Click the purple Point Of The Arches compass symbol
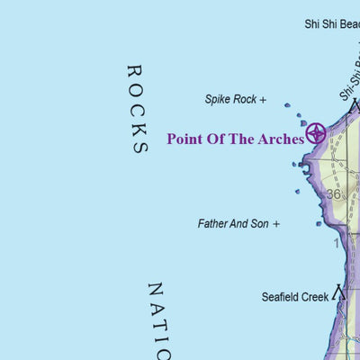[316, 134]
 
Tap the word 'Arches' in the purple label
[278, 139]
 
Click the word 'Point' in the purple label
[185, 139]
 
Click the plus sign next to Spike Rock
[263, 100]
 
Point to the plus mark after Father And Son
[276, 223]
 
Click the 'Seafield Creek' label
[293, 296]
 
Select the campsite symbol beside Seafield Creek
[339, 292]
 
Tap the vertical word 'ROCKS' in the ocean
[137, 109]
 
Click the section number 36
[334, 193]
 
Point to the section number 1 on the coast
[337, 242]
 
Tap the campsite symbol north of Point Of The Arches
[354, 106]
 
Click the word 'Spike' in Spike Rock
[219, 100]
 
